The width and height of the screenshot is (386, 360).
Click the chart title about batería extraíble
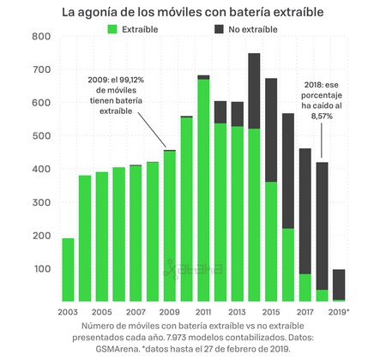[193, 12]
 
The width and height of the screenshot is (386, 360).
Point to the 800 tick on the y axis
[40, 37]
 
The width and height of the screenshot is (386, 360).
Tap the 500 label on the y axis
[40, 136]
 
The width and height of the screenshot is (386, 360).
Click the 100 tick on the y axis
[40, 269]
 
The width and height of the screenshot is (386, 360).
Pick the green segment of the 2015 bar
[271, 240]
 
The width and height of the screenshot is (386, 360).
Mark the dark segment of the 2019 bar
[339, 284]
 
